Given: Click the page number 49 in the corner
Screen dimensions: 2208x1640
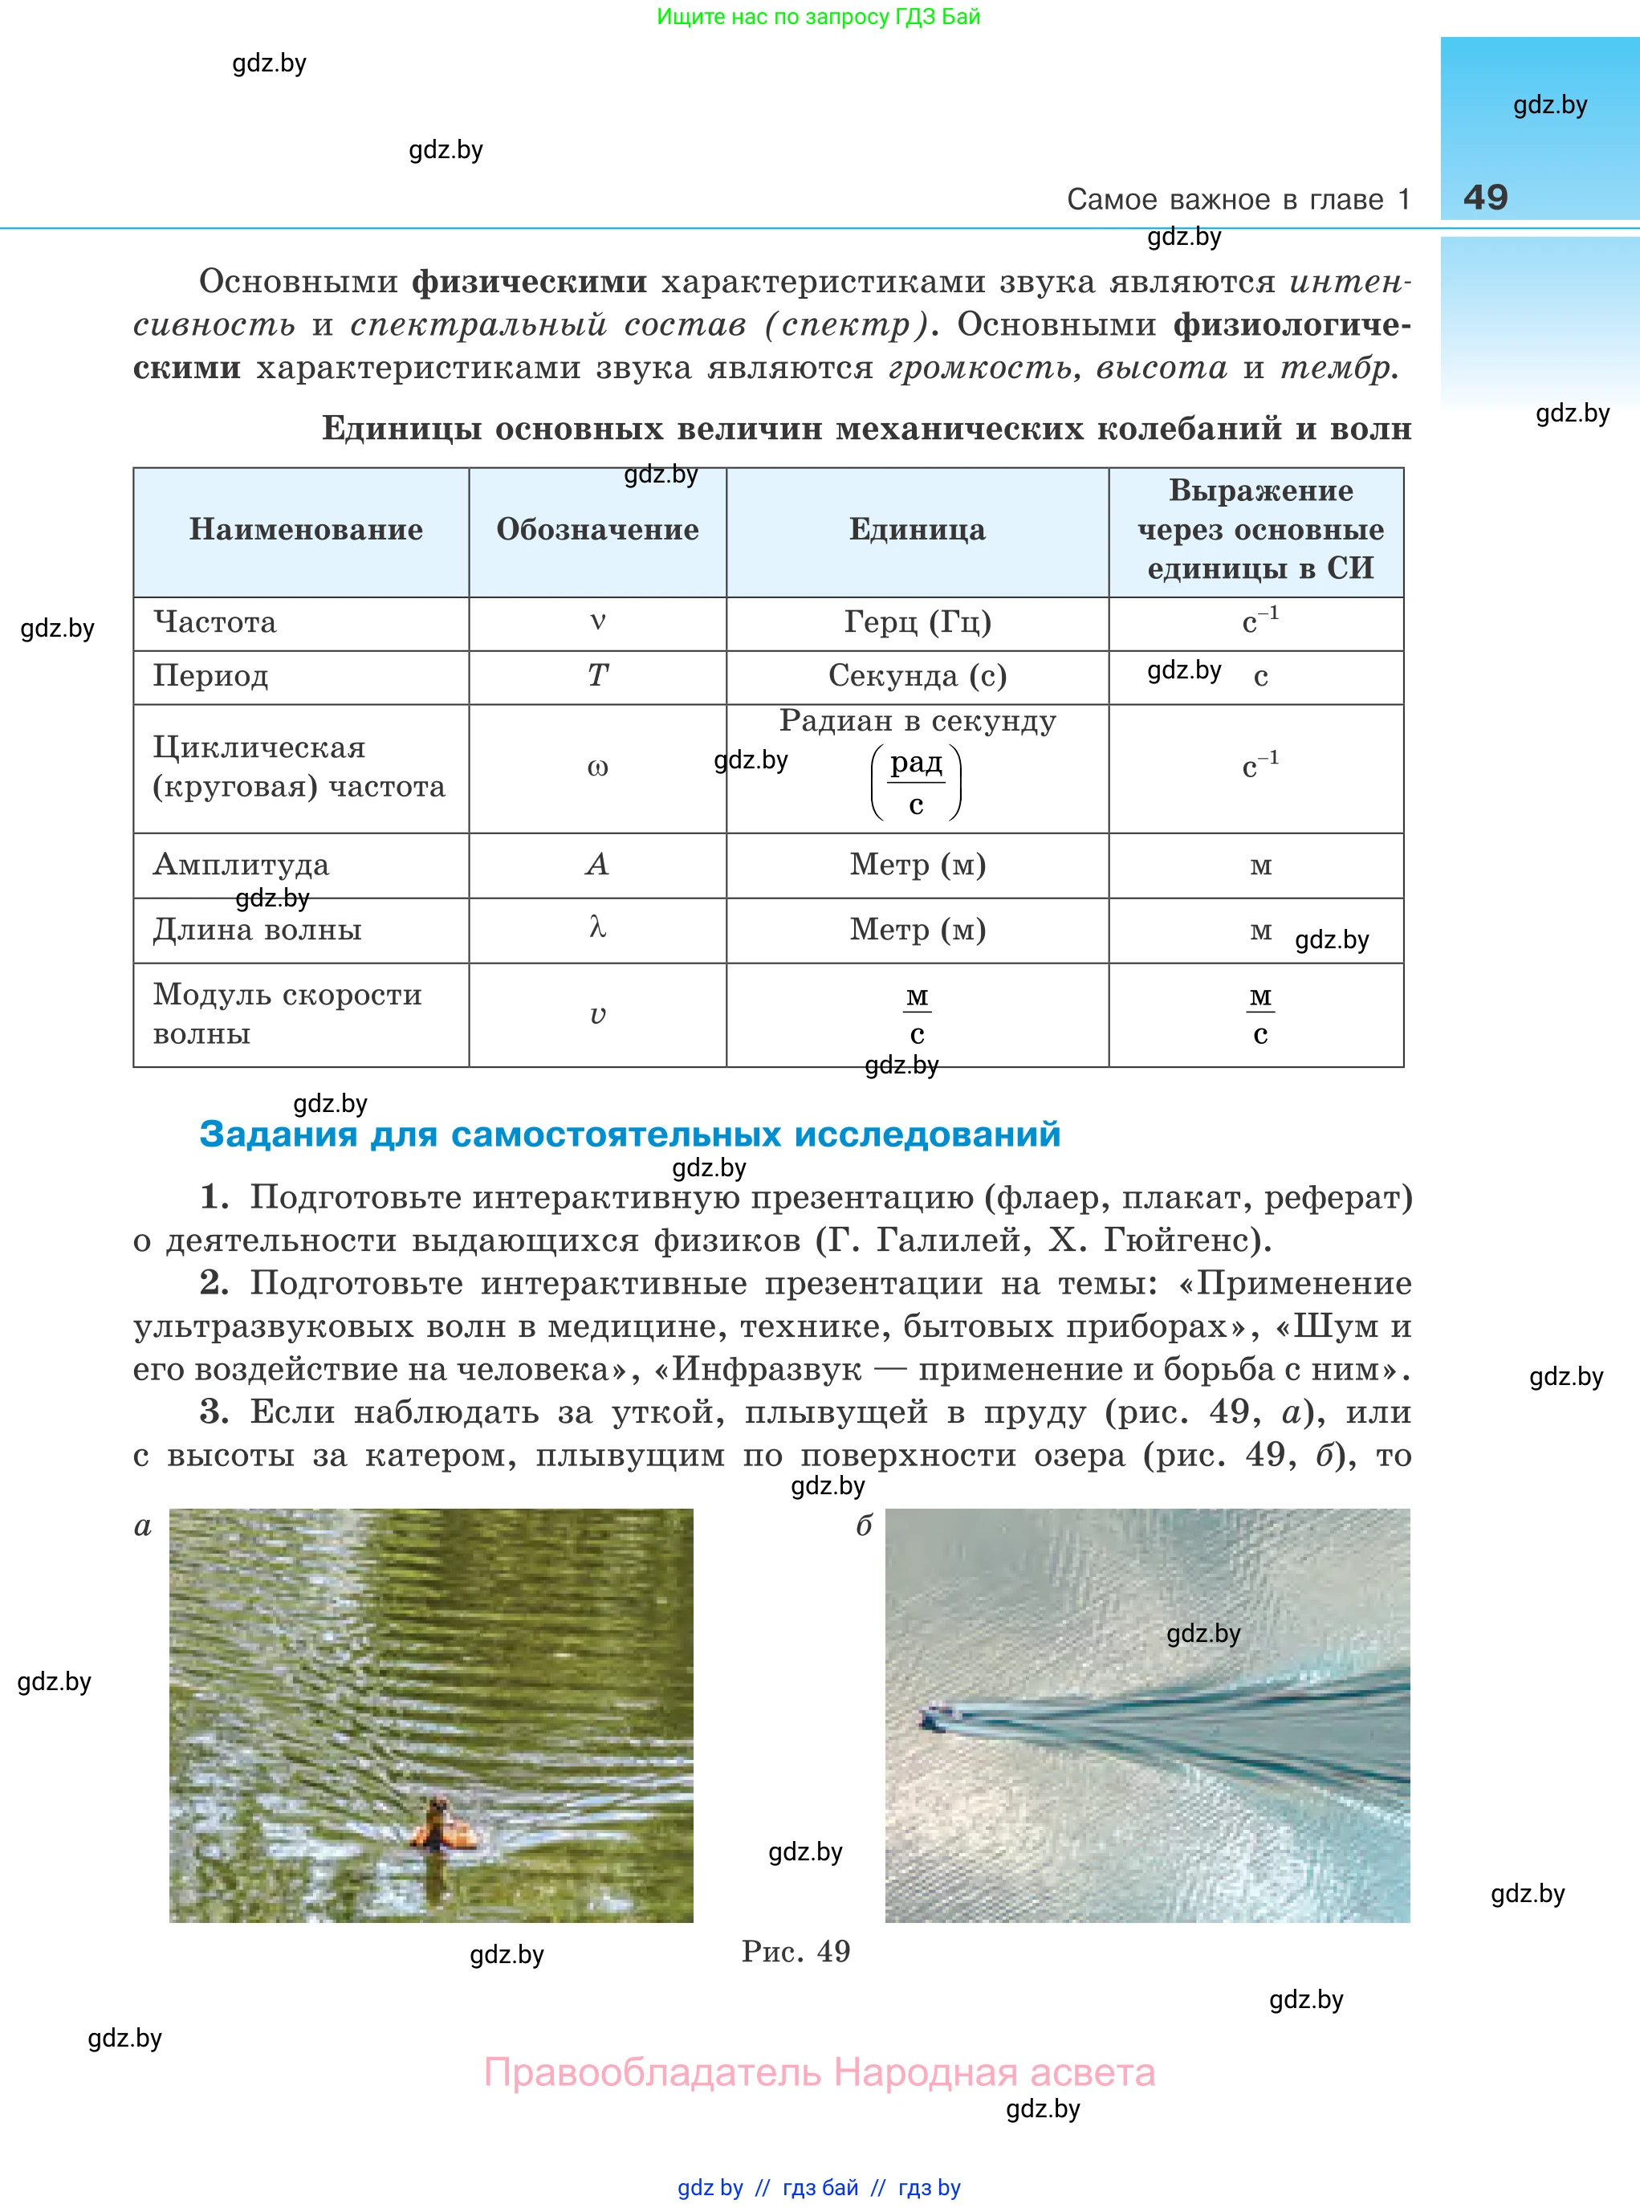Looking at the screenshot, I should click(x=1484, y=197).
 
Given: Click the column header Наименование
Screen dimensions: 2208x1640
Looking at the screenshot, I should click(x=306, y=529).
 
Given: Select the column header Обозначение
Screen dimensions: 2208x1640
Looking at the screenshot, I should click(x=596, y=529).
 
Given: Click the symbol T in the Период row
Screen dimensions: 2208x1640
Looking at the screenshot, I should click(x=596, y=676).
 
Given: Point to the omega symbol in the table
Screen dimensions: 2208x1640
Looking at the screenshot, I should click(x=596, y=768).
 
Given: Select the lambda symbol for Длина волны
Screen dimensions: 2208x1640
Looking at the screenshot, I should click(x=596, y=928).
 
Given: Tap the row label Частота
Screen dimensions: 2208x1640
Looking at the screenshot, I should click(x=214, y=622).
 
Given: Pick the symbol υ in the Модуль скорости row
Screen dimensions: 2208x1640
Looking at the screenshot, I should click(x=596, y=1015).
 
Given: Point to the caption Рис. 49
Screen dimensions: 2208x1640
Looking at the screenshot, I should click(x=796, y=1952).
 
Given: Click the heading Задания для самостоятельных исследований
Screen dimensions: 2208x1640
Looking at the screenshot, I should click(x=629, y=1134).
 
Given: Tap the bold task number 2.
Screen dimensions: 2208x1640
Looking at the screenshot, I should click(x=214, y=1283).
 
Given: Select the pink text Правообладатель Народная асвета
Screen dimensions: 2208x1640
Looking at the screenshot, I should click(x=819, y=2073).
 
